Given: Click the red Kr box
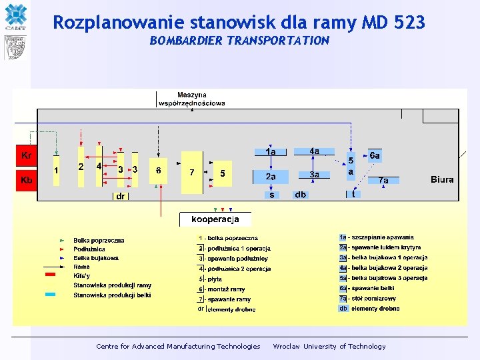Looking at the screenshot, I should point(26,157).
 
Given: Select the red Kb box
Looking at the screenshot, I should point(26,181).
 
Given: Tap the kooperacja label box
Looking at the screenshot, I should point(211,219).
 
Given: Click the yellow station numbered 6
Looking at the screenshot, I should point(158,171).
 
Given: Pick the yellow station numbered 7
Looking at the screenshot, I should point(191,172).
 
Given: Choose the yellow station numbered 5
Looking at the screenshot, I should point(223,173).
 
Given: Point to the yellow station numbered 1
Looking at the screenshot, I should point(57,171).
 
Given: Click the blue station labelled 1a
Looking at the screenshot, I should point(270,152).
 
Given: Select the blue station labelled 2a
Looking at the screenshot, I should point(271,177).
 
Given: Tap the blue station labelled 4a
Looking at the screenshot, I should point(314,151).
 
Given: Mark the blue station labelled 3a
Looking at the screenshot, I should point(314,175).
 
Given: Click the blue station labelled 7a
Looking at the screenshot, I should point(383,180).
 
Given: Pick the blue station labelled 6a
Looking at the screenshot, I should point(375,156).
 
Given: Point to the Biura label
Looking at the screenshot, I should point(442,179).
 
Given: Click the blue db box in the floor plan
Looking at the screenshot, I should point(301,195).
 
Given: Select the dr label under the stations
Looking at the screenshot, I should point(121,197).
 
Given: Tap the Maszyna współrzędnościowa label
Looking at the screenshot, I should point(192,99).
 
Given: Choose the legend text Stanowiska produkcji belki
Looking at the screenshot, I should point(113,295).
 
